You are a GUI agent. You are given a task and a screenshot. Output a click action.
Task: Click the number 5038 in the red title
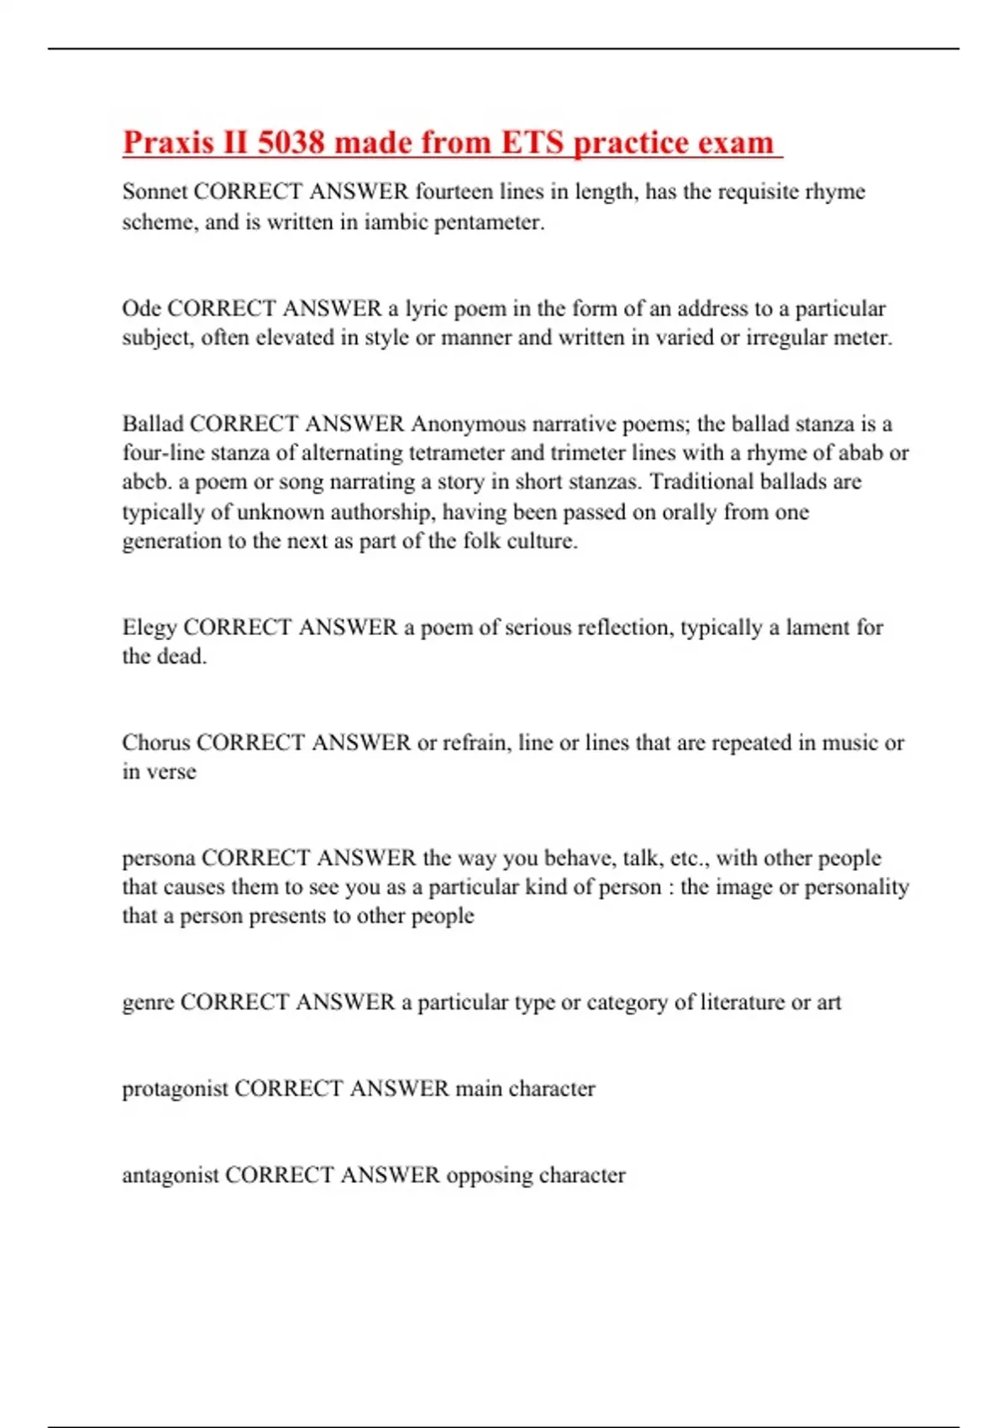[291, 143]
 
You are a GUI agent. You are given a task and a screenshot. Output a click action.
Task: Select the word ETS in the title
[532, 143]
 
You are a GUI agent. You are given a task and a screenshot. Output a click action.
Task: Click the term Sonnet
[155, 192]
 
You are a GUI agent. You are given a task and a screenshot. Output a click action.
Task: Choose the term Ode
[141, 308]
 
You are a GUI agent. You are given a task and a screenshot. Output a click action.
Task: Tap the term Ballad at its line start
[153, 424]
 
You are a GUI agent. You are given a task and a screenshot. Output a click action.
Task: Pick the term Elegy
[150, 627]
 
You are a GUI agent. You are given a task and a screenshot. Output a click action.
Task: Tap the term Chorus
[156, 743]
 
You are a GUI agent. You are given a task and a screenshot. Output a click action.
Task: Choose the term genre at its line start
[148, 1003]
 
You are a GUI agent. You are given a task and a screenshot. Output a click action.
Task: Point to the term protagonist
[175, 1089]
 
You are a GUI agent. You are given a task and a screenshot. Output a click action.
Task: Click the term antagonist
[171, 1175]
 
